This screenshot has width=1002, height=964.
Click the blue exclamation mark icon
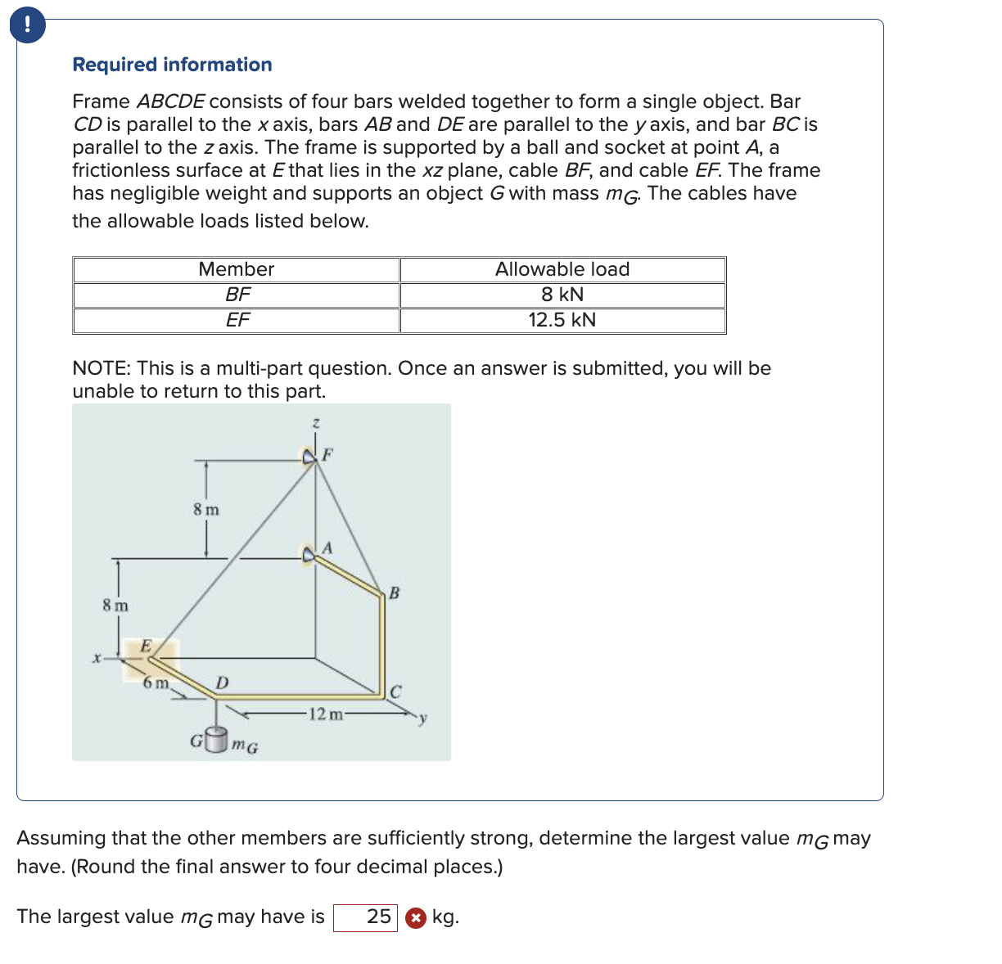point(27,25)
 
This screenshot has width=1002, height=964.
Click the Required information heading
point(172,65)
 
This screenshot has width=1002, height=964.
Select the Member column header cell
point(236,269)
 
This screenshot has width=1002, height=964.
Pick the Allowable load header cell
point(562,269)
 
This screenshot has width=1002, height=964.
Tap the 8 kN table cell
point(562,295)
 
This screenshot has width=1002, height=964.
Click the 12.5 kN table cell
point(562,320)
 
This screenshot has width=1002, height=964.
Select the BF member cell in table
point(237,295)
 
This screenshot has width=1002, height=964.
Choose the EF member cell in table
point(237,320)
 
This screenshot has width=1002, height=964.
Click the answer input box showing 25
point(365,917)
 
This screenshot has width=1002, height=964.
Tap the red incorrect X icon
point(416,918)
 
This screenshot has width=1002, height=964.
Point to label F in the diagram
point(327,453)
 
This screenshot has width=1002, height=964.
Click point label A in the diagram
point(327,547)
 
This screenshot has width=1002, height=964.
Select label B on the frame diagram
point(394,592)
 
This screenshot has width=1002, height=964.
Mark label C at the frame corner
point(395,691)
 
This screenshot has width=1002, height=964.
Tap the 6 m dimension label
point(156,682)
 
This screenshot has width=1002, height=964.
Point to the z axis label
point(316,423)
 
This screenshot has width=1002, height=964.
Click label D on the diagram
point(222,682)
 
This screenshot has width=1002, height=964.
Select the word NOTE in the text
point(102,368)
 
